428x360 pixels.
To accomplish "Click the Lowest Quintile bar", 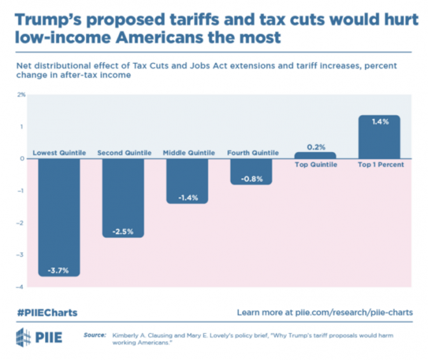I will click(x=59, y=216).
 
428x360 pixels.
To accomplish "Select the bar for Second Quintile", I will click(x=123, y=197).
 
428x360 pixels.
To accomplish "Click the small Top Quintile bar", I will click(x=316, y=155).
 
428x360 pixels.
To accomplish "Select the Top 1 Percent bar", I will click(x=379, y=137).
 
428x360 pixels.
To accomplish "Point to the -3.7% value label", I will click(x=59, y=270).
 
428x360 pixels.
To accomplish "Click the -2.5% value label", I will click(x=123, y=231).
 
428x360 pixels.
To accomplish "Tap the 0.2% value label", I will click(x=316, y=147).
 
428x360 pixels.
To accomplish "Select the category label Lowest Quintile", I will click(x=59, y=153).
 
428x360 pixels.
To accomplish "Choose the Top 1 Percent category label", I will click(x=379, y=165).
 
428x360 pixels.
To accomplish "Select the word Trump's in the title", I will click(x=45, y=18).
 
